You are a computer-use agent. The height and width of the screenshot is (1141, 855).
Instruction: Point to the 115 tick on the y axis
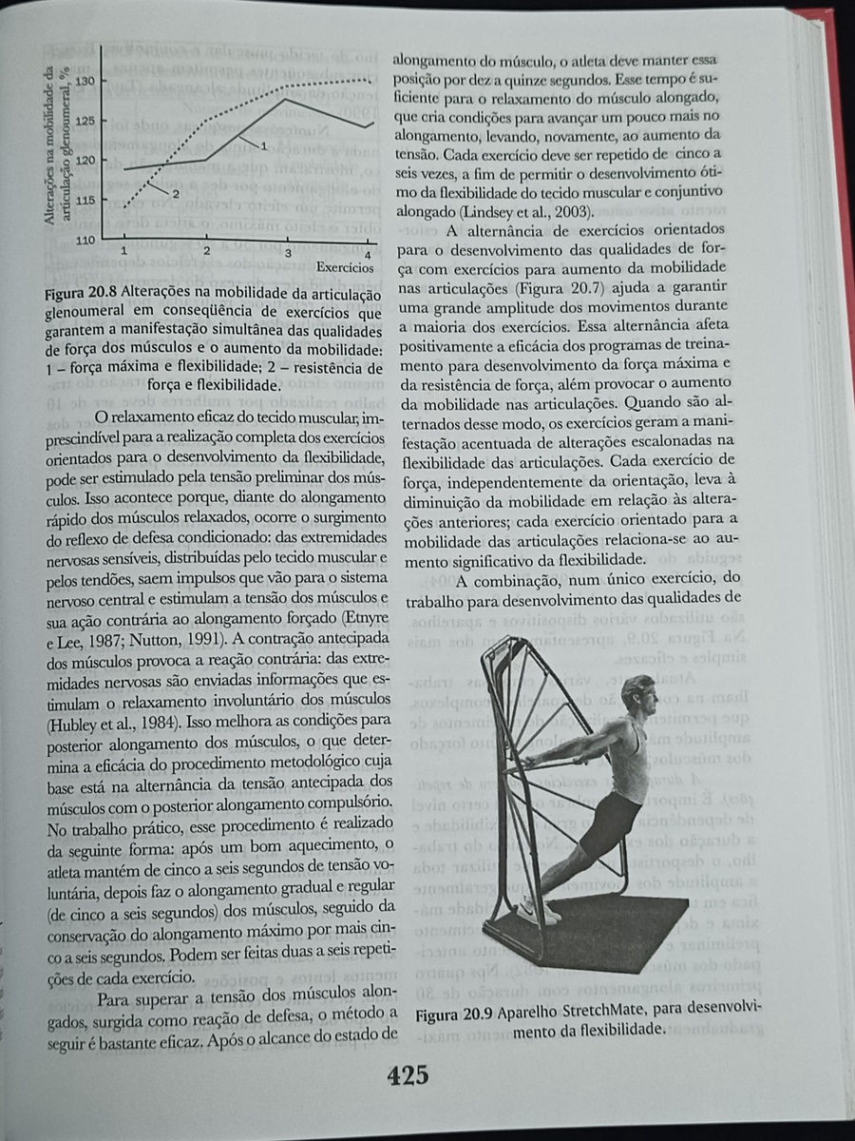point(85,200)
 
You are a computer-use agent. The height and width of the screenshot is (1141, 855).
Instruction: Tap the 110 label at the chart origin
point(85,240)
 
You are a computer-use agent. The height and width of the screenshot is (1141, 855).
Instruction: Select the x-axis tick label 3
point(288,251)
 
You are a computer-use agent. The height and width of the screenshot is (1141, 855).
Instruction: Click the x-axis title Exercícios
point(343,268)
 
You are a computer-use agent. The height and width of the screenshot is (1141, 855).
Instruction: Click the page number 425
point(408,1075)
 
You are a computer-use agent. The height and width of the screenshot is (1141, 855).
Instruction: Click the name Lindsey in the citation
point(484,211)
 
